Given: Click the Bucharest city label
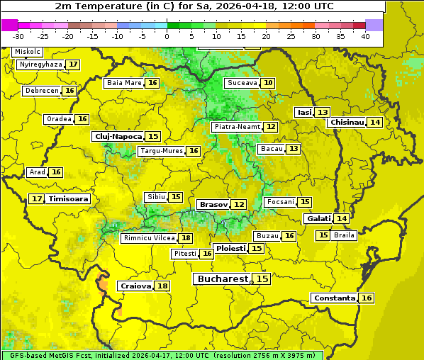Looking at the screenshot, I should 223,279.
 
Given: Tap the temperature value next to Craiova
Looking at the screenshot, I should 162,286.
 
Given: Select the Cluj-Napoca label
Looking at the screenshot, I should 118,136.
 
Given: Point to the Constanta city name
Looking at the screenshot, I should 334,298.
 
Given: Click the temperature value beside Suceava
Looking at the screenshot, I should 268,83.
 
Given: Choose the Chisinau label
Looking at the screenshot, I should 347,122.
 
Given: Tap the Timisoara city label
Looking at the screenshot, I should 69,199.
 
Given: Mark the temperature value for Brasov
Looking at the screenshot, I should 239,204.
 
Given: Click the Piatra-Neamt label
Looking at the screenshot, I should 237,127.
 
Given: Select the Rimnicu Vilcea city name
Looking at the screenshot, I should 147,238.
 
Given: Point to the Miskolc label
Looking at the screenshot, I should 28,52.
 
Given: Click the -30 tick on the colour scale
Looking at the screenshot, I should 18,35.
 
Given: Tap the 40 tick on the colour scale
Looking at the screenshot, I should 365,35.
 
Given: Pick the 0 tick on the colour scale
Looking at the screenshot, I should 167,35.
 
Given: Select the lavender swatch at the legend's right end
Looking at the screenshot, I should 374,25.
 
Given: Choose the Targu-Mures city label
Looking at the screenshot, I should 161,151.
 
